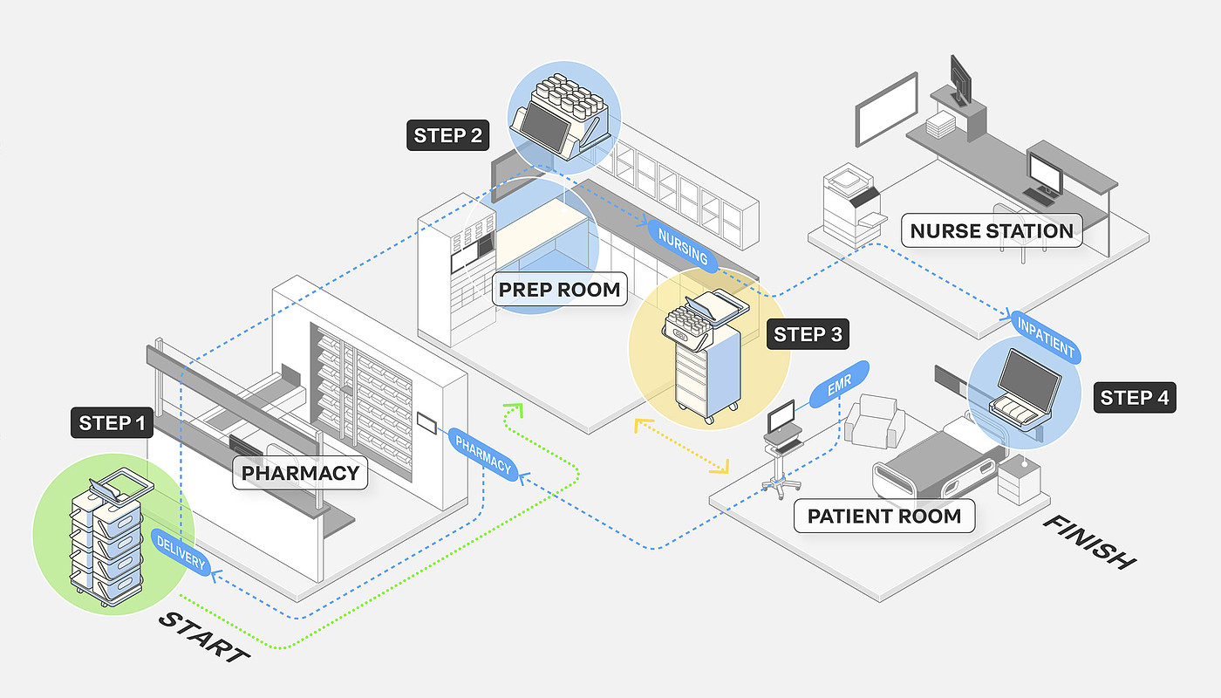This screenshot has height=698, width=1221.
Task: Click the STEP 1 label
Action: [x=112, y=423]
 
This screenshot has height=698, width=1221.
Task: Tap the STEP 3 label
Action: [x=807, y=334]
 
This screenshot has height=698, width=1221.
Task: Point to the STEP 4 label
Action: [x=1134, y=398]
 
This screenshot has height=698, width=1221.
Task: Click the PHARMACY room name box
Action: [x=300, y=474]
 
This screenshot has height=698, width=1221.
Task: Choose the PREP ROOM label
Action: [x=559, y=290]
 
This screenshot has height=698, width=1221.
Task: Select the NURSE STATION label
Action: [x=992, y=231]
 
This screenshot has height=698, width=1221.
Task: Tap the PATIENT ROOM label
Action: [x=884, y=516]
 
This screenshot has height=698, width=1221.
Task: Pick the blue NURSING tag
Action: [x=683, y=245]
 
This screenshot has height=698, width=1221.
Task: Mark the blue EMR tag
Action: [x=840, y=383]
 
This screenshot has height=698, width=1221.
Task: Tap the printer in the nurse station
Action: [x=851, y=201]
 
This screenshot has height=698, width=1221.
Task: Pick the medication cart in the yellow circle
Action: [x=704, y=362]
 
